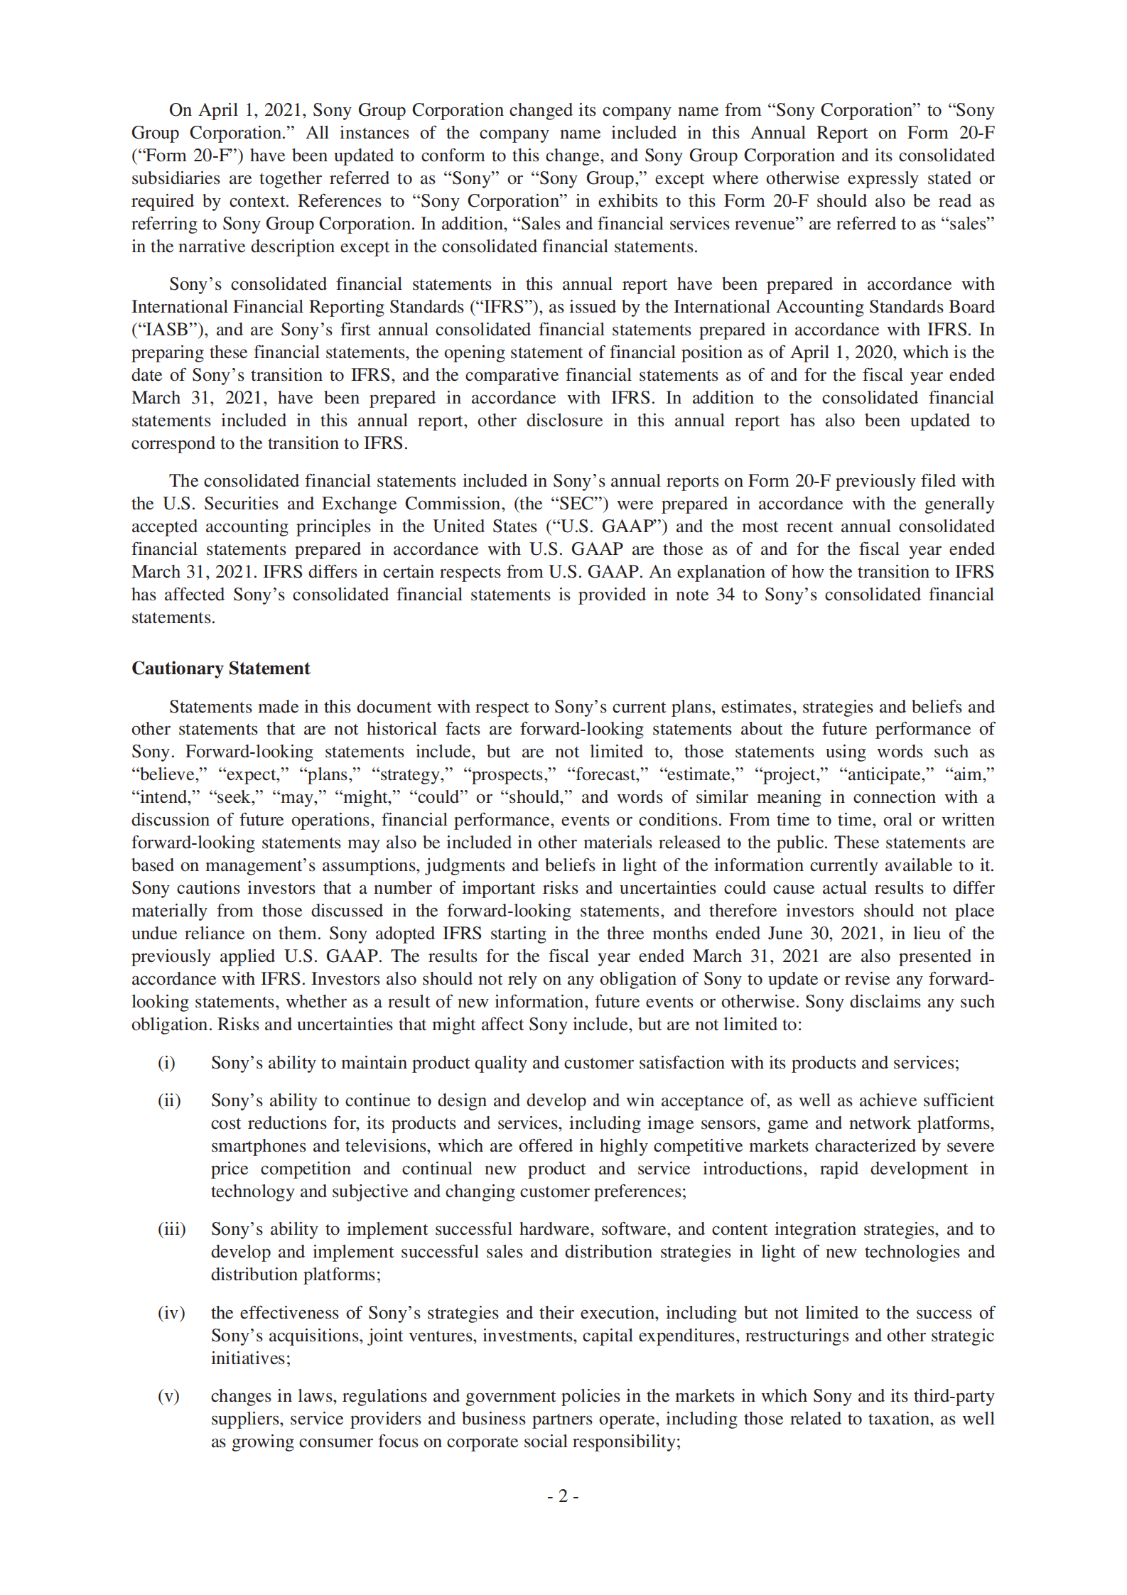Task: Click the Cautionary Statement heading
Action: [x=220, y=669]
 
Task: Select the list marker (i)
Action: [x=166, y=1063]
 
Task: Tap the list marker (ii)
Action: [x=169, y=1101]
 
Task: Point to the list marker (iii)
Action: [x=171, y=1229]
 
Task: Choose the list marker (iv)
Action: [x=171, y=1313]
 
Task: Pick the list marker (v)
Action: [x=168, y=1396]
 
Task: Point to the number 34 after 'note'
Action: [x=725, y=595]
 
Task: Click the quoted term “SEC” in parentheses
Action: [x=578, y=504]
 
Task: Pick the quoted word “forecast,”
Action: [x=607, y=774]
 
